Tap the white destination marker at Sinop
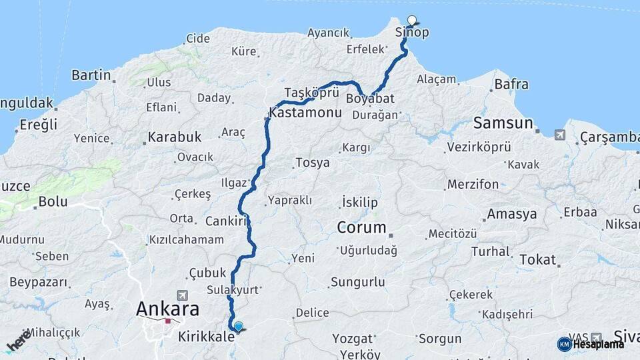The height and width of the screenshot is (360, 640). [411, 20]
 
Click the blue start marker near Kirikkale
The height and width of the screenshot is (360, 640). [238, 326]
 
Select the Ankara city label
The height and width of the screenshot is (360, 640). [167, 309]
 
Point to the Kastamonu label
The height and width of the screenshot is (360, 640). [305, 113]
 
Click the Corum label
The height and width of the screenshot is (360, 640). [361, 227]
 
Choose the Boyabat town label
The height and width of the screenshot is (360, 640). [371, 99]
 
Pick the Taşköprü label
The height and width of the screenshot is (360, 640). [307, 92]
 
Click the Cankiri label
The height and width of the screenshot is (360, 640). [226, 221]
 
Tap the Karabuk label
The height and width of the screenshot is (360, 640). [174, 137]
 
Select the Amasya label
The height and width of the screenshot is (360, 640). [512, 214]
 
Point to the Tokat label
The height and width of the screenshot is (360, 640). [537, 259]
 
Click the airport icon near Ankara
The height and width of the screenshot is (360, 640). [182, 295]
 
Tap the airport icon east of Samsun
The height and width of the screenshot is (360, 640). [559, 135]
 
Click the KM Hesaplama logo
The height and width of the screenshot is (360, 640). [591, 344]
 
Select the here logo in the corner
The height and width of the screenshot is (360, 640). [19, 339]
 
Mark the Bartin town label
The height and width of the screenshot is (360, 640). [91, 75]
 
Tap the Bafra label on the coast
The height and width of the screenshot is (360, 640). [511, 84]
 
